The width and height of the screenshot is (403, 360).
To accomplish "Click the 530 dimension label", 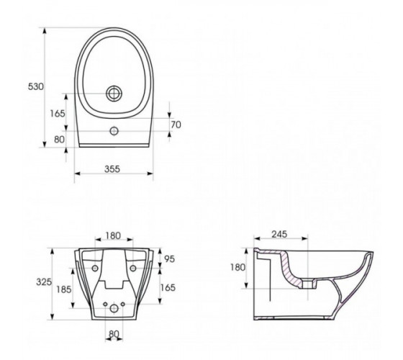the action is (x=36, y=86).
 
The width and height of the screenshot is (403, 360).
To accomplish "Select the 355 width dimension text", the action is (x=112, y=169).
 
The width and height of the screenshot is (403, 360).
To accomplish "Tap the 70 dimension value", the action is (x=176, y=125).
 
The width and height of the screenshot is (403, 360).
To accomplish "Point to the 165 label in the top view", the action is (x=58, y=114).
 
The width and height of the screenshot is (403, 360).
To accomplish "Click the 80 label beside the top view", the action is (x=59, y=140).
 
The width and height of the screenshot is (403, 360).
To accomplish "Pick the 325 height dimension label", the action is (x=44, y=282).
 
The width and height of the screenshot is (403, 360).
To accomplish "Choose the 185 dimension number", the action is (x=64, y=289).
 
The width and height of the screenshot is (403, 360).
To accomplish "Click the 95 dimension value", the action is (x=169, y=259).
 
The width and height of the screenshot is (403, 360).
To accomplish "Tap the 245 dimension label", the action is (x=279, y=234).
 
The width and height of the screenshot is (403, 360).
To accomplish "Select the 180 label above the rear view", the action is (x=113, y=235).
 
